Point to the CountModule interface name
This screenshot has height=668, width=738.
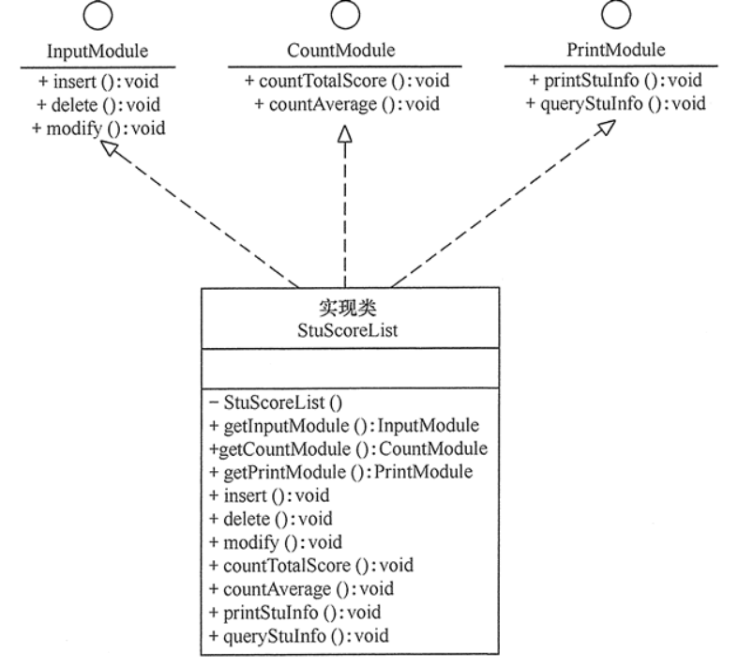[x=340, y=51]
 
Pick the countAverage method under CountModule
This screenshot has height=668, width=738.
[x=340, y=104]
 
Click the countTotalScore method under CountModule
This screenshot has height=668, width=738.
[x=340, y=81]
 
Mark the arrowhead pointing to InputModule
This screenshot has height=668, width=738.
[x=113, y=152]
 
